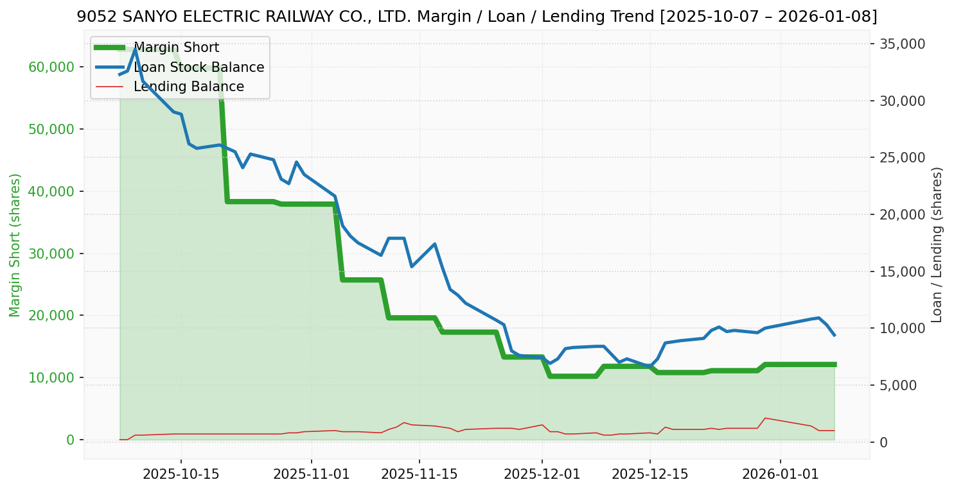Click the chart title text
tap(477, 17)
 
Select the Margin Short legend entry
tap(176, 47)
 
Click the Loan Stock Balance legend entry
tap(199, 67)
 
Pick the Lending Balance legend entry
tap(188, 87)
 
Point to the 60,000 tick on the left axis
tap(51, 67)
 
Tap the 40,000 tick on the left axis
tap(51, 191)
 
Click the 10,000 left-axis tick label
tap(51, 377)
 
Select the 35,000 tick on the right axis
tap(903, 44)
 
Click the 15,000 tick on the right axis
tap(903, 271)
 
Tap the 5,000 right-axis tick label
tap(900, 385)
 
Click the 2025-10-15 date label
tap(181, 474)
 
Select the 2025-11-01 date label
tap(311, 474)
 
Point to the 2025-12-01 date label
tap(542, 474)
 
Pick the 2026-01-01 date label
tap(781, 474)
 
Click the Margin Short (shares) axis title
tap(15, 245)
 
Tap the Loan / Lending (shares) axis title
tap(937, 245)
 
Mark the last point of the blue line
tap(835, 335)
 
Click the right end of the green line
tap(835, 365)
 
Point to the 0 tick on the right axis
tap(884, 442)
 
